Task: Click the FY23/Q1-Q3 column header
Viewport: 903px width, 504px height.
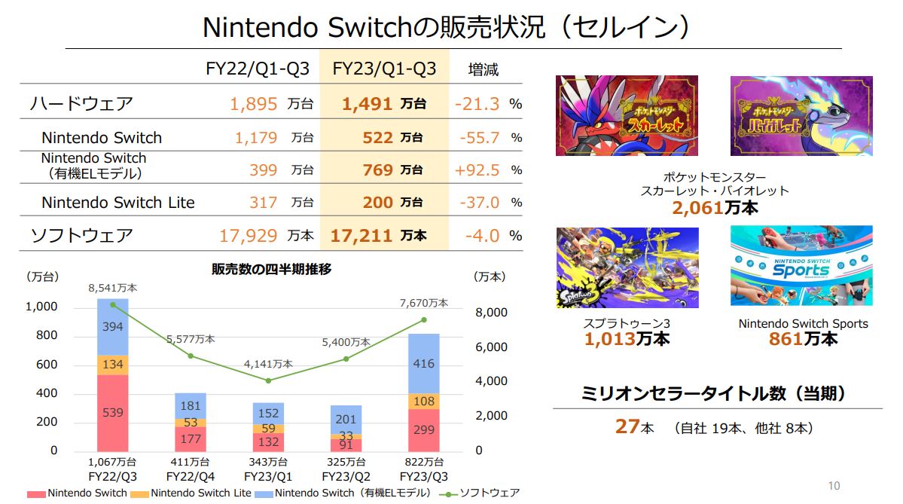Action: pos(384,69)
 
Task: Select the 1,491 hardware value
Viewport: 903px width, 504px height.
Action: pos(368,104)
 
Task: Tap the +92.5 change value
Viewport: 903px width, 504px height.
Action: pos(477,170)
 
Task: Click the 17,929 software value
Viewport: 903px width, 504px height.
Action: pos(249,236)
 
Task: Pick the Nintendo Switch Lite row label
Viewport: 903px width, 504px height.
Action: pos(118,203)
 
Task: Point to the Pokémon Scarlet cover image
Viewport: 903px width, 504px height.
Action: pos(627,115)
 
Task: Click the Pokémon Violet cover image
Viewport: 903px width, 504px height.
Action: pos(801,115)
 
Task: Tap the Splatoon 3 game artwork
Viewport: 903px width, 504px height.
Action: pos(627,267)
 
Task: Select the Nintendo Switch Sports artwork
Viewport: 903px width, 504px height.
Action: pos(801,265)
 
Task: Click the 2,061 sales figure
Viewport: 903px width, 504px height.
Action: pos(697,207)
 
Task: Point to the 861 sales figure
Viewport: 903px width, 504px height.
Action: pos(786,339)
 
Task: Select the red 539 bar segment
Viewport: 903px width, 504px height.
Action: pos(112,413)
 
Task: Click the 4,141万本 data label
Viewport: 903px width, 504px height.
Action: pos(268,365)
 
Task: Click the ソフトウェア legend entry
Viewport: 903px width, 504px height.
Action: pos(489,493)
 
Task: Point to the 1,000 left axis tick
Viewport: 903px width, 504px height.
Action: pos(42,307)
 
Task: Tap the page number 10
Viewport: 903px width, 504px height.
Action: pos(834,486)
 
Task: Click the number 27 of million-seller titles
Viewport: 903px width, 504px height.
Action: pos(627,426)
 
